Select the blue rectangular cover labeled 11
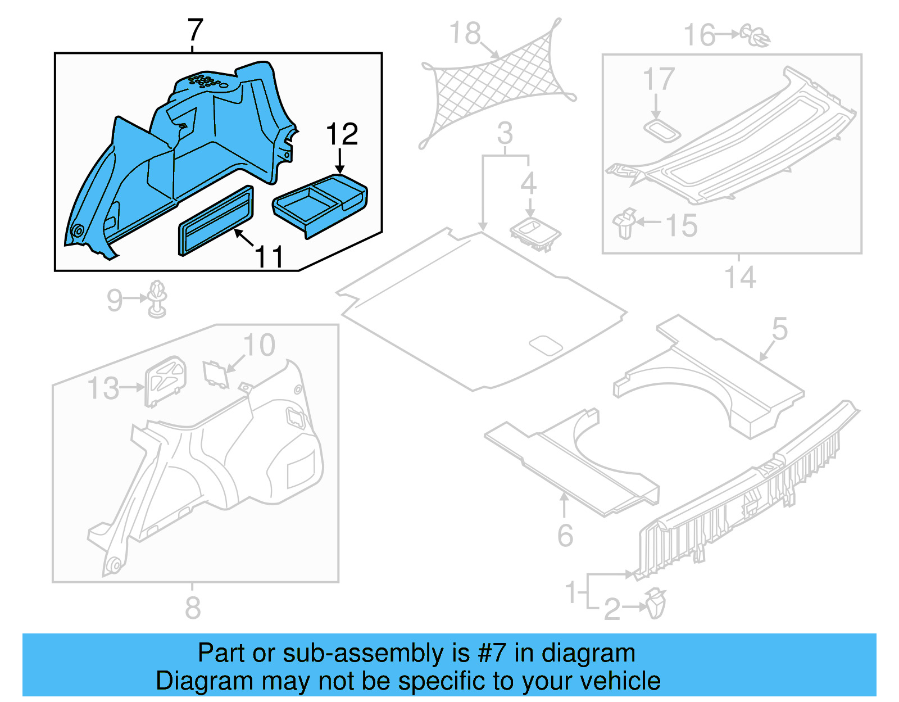216,220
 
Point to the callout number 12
342,135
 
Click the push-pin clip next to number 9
157,298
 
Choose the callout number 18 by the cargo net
465,34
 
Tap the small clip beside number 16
756,35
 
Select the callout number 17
658,79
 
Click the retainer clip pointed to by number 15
625,223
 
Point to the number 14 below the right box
740,277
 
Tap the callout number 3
505,134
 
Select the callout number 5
779,329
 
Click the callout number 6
565,536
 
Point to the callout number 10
259,345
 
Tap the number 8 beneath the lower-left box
193,608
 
